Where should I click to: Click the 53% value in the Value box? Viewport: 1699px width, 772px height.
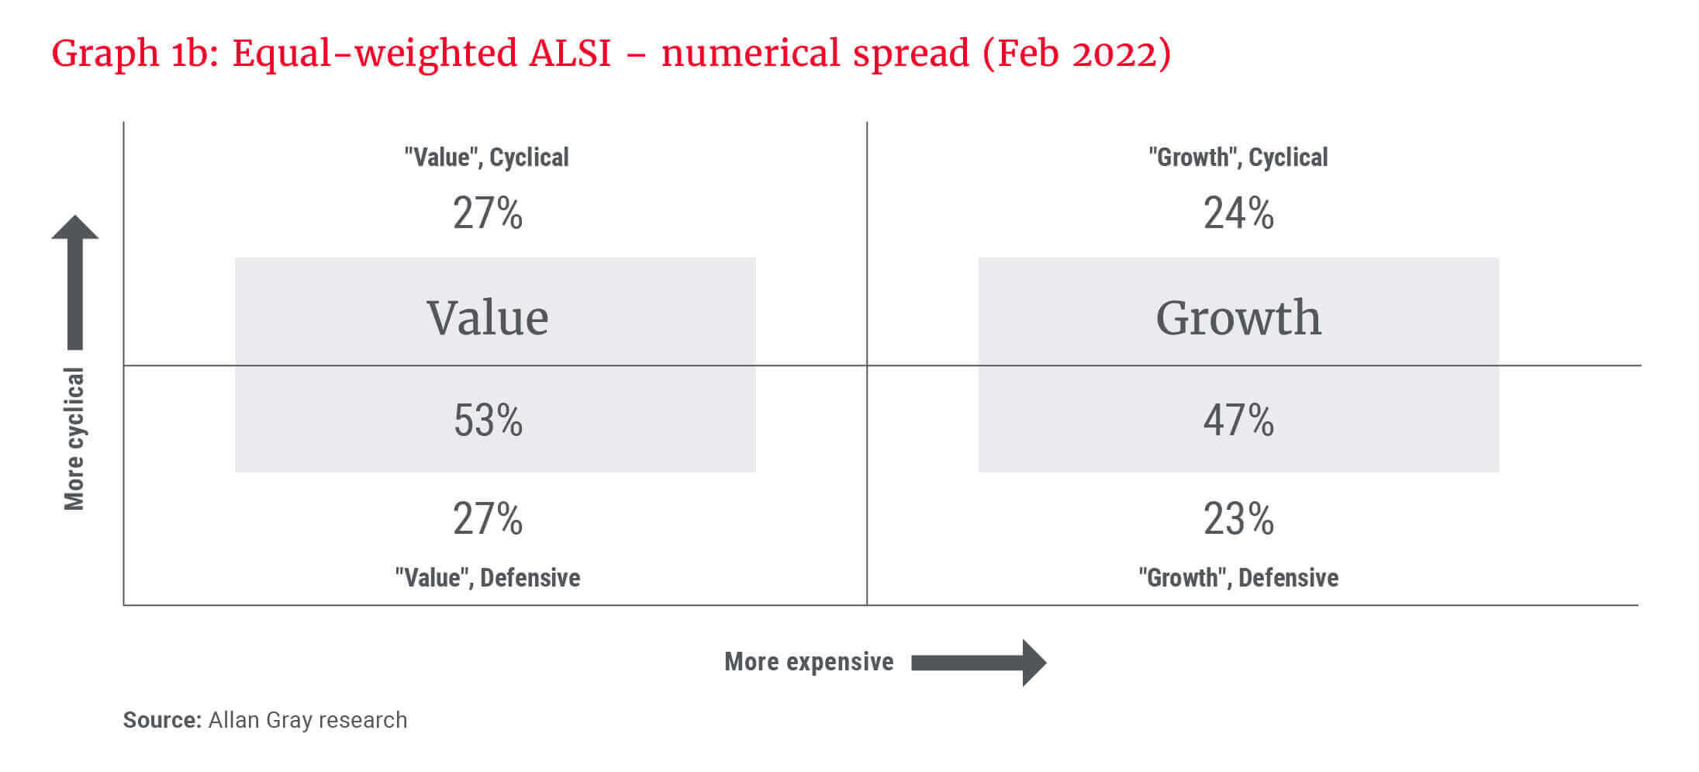488,421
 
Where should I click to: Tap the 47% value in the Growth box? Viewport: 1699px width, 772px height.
1238,421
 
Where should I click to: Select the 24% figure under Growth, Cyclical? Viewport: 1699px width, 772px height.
1238,213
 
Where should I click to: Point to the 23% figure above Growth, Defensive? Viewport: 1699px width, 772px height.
1238,519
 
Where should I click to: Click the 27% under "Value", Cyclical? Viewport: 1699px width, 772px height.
488,213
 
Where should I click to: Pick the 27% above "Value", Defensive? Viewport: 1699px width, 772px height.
488,519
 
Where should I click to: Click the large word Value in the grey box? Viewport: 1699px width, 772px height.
488,318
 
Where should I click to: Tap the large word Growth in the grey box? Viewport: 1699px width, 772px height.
1238,318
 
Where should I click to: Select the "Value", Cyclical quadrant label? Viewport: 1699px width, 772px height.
486,158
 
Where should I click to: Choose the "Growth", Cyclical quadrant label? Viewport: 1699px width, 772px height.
1238,158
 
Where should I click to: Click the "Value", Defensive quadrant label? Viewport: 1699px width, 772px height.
488,578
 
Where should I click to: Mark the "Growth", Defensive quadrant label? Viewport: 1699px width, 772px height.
1238,578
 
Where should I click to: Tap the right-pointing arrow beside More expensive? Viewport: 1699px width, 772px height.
979,663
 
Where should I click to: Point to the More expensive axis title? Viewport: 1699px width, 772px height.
809,662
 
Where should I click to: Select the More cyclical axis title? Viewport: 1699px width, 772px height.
74,439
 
